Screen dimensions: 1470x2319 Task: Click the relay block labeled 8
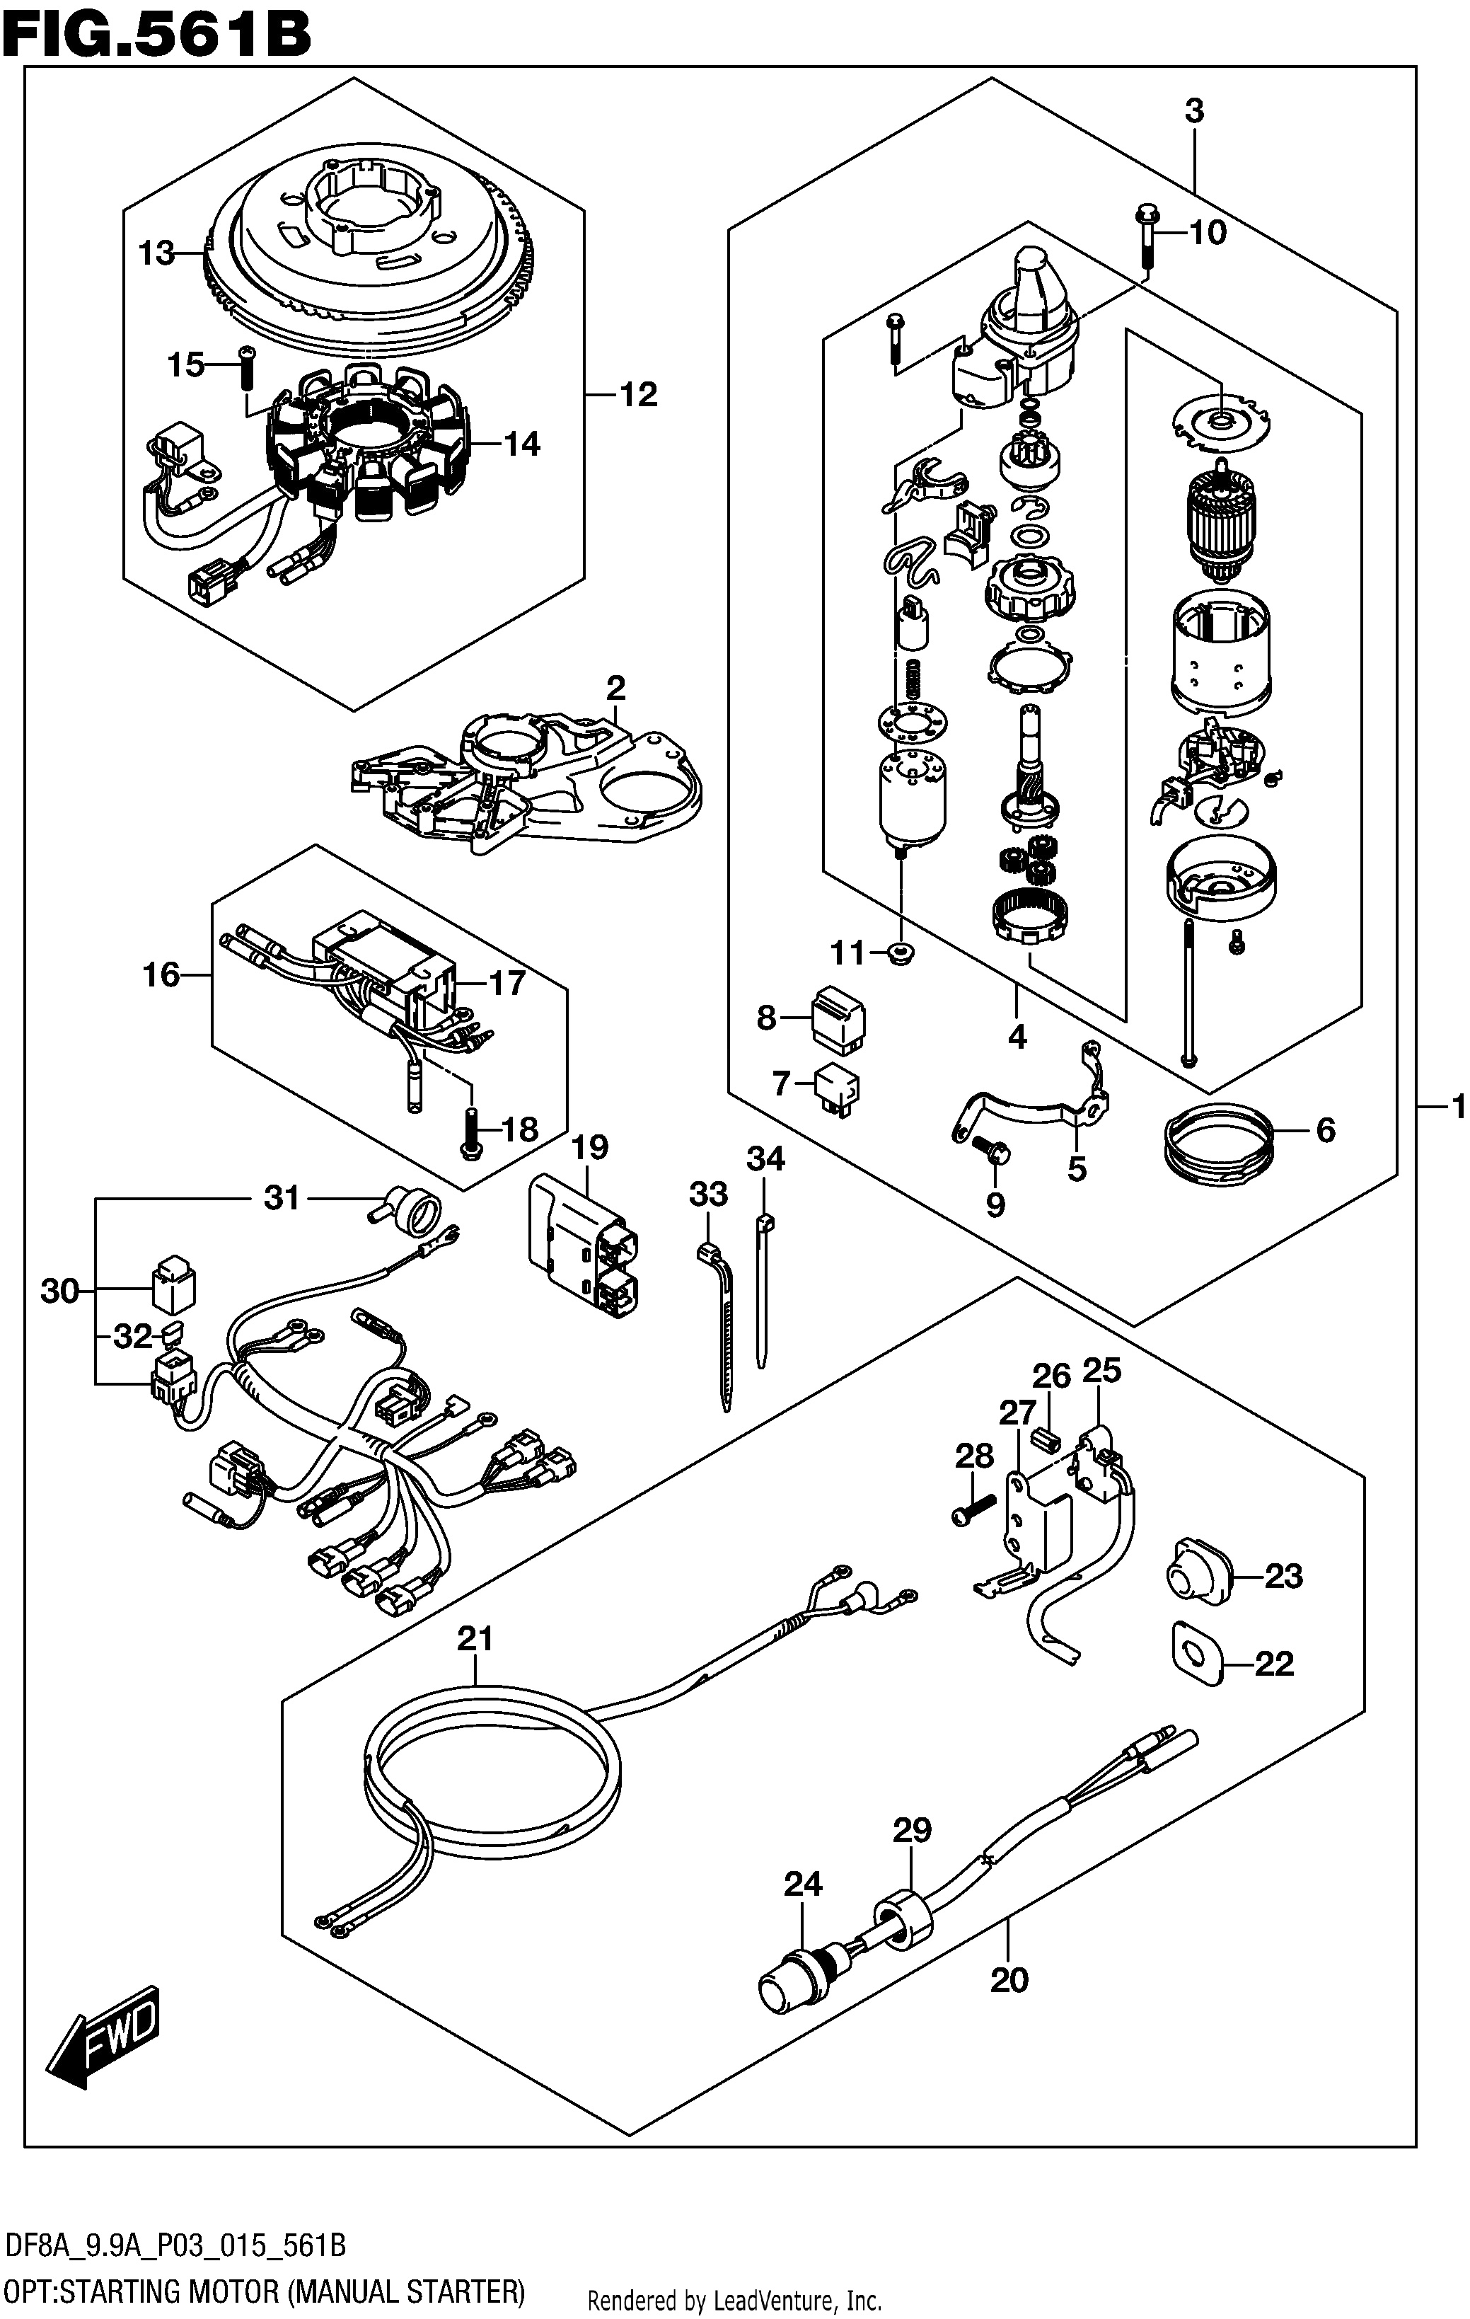point(838,1020)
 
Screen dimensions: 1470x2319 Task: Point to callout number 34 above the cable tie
point(765,1159)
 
